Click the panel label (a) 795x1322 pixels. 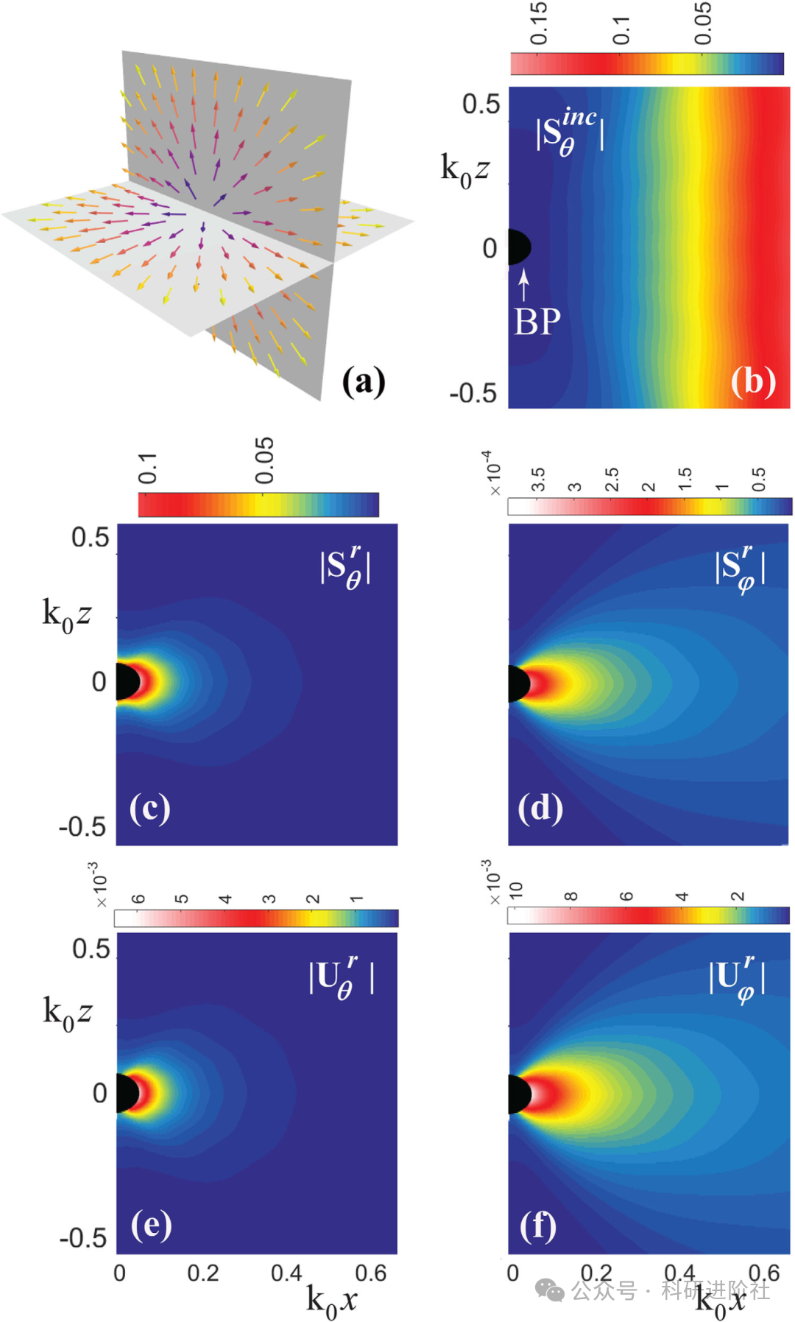click(x=364, y=382)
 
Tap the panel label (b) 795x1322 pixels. click(x=753, y=382)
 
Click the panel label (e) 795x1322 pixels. click(x=152, y=1225)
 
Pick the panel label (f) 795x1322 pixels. click(x=538, y=1226)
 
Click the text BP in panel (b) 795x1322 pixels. click(x=537, y=322)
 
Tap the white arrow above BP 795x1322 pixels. click(x=523, y=285)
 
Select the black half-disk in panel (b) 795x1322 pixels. click(x=518, y=247)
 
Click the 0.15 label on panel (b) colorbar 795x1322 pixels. click(x=538, y=23)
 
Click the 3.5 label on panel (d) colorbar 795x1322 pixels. click(x=538, y=479)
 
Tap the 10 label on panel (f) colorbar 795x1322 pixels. click(x=515, y=890)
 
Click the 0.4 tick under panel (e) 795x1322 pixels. click(x=286, y=1273)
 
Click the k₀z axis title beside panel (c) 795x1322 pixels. click(x=67, y=614)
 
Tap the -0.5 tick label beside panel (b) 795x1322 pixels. click(x=473, y=393)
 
